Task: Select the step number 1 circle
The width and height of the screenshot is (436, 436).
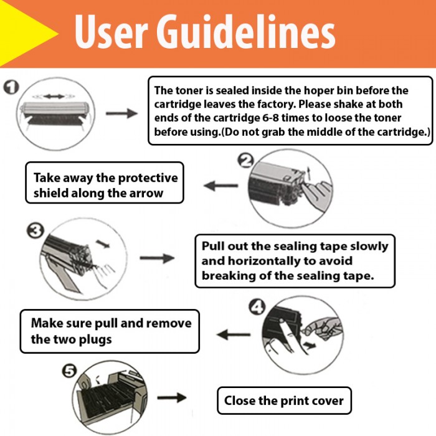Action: point(10,87)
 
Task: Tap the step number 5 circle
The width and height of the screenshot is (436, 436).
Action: point(69,371)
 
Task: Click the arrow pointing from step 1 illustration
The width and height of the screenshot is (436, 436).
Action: point(121,113)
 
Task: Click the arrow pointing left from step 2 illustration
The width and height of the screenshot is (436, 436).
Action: point(221,185)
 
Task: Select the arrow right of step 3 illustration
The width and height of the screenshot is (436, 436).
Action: point(156,258)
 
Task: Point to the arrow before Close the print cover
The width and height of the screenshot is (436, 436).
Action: point(172,397)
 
